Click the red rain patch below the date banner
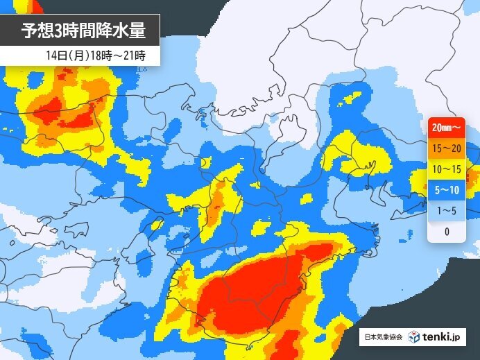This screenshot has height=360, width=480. coord(66,114)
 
